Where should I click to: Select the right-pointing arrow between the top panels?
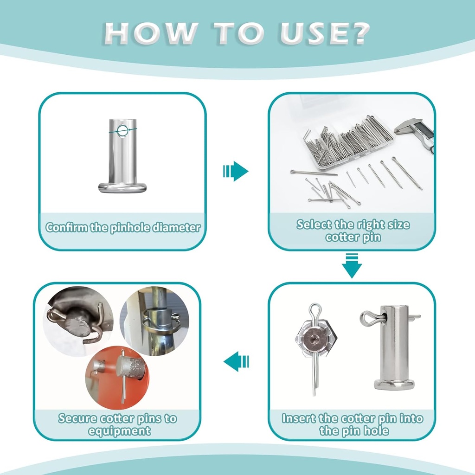coord(236,171)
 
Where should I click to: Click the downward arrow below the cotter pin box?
coord(352,266)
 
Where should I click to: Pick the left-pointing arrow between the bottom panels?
coord(236,361)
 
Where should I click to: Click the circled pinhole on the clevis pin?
coord(122,131)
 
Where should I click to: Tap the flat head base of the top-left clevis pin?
coord(122,187)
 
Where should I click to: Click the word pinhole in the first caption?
coord(130,228)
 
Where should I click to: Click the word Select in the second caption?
coord(310,225)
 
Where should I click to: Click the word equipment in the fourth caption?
coord(119,431)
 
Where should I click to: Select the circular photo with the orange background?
coord(117,378)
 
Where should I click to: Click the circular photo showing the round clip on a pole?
coord(154,320)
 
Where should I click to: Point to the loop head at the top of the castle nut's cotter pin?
coord(315,309)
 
